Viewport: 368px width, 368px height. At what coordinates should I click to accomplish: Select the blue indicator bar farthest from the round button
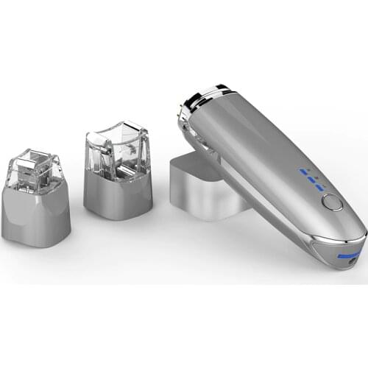click(x=302, y=171)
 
